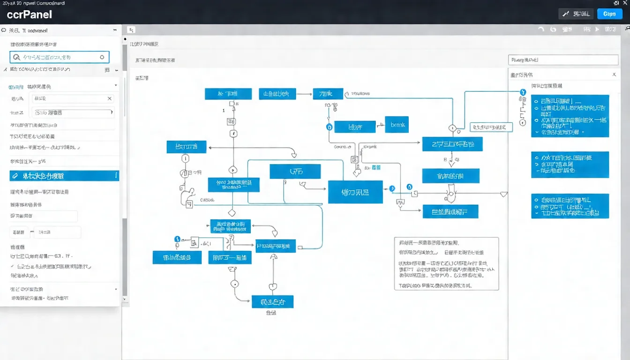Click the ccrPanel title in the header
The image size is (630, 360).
coord(30,14)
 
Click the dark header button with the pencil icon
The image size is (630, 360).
coord(576,14)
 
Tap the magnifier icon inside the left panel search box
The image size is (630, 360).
coord(17,57)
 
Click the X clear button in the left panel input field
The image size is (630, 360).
coord(109,98)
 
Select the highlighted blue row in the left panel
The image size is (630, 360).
coord(64,176)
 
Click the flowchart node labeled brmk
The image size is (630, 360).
coord(397,125)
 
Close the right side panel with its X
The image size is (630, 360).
coord(614,75)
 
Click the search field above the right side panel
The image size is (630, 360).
coord(563,60)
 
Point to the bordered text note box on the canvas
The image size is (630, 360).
coord(446,263)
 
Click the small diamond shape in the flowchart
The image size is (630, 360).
coord(231,213)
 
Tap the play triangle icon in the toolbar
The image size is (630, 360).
coord(597,29)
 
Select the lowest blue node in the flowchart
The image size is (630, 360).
coord(272,301)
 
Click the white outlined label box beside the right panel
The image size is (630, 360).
coord(491,127)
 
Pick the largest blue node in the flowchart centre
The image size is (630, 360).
coord(355,192)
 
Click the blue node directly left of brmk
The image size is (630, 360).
coord(355,127)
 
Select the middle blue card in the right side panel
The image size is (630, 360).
coord(570,165)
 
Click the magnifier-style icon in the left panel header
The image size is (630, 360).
coord(4,30)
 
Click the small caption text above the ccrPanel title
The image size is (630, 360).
coord(32,3)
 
